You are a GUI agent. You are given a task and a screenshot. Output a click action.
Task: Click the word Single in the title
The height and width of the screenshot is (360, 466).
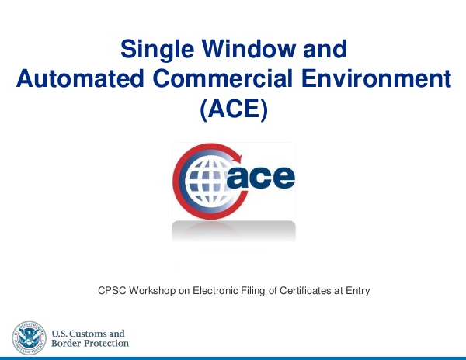(158, 50)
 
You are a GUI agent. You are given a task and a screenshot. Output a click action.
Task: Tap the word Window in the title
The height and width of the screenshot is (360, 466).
(249, 49)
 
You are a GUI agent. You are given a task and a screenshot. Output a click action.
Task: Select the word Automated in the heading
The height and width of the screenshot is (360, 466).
(80, 78)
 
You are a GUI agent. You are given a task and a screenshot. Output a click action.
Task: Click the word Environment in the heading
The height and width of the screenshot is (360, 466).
(376, 78)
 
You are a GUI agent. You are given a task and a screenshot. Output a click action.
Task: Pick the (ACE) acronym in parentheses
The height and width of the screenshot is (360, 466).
(234, 109)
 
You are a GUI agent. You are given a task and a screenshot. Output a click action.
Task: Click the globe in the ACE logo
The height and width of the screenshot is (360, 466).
(207, 182)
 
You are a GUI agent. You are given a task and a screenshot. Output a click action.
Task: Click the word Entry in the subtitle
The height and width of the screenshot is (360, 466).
(358, 291)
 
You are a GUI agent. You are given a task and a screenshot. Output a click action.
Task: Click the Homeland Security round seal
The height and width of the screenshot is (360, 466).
(30, 337)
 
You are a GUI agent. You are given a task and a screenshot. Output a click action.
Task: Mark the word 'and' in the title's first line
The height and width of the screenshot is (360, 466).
(325, 49)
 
